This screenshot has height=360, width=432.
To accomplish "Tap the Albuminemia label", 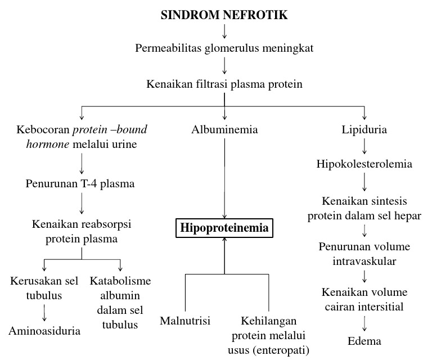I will click(224, 130).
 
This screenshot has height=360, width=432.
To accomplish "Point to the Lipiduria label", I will click(364, 130).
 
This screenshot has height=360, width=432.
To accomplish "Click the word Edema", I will click(364, 341).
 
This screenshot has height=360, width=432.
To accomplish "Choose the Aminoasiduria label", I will click(44, 330).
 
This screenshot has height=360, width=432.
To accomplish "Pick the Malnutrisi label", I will click(185, 321).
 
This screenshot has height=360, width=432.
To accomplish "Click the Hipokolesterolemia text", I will click(364, 165).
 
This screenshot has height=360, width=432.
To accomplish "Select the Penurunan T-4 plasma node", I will click(80, 183).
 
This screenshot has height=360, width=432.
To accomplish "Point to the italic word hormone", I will click(40, 145).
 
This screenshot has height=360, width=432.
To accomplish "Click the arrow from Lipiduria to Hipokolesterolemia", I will click(364, 147).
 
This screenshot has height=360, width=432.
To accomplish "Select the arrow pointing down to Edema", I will click(364, 323).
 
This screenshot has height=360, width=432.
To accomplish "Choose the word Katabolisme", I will click(120, 281).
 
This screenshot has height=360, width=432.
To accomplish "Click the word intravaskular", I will click(364, 261).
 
